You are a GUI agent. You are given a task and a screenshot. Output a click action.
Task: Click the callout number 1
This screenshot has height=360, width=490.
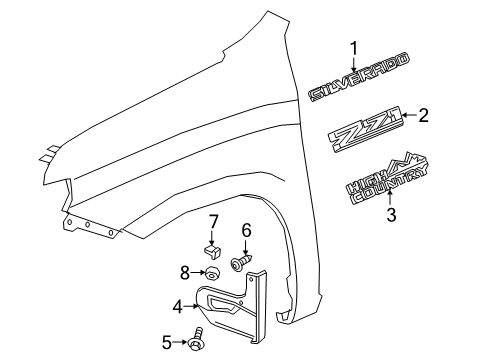pyautogui.click(x=352, y=47)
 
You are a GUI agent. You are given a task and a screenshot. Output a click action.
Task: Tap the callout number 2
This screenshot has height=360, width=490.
pyautogui.click(x=422, y=115)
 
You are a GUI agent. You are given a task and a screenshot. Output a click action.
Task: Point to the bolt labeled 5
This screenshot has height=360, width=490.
pyautogui.click(x=197, y=341)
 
